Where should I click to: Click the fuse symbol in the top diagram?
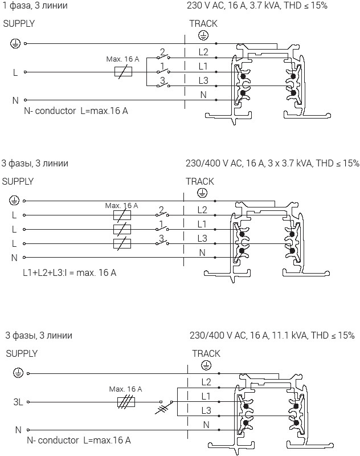pyautogui.click(x=124, y=72)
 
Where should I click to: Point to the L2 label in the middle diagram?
pyautogui.click(x=202, y=210)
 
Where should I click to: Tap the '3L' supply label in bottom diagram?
pyautogui.click(x=18, y=402)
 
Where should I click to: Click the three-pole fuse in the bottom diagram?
pyautogui.click(x=125, y=402)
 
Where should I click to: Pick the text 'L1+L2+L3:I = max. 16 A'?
pyautogui.click(x=69, y=272)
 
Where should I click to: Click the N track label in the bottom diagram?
pyautogui.click(x=206, y=425)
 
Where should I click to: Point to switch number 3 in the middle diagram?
pyautogui.click(x=162, y=240)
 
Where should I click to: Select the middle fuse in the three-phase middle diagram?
pyautogui.click(x=122, y=229)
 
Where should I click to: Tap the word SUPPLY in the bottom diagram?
pyautogui.click(x=22, y=353)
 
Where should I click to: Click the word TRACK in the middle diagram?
pyautogui.click(x=200, y=181)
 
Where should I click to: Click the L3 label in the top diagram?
pyautogui.click(x=203, y=80)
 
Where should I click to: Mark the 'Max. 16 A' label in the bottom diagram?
pyautogui.click(x=125, y=389)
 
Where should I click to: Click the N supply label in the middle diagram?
pyautogui.click(x=15, y=258)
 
